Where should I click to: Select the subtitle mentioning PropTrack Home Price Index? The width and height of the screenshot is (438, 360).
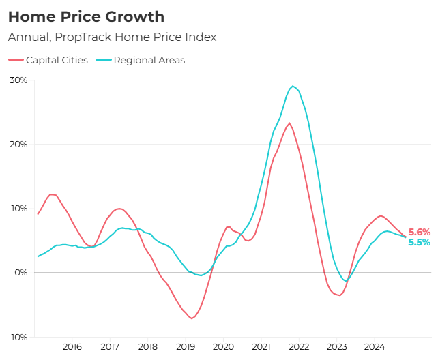coord(112,37)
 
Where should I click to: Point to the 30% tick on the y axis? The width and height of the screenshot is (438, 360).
coord(18,80)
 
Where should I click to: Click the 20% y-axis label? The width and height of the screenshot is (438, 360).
coord(18,145)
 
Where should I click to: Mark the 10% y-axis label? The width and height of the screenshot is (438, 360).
coord(18,209)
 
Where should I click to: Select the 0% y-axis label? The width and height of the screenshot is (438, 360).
coord(21,273)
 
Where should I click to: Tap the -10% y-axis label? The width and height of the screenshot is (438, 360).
coord(17,337)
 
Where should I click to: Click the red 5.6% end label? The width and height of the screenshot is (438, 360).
coord(419,232)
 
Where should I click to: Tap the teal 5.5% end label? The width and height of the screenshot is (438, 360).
coord(419,243)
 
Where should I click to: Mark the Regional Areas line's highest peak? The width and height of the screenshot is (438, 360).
coord(293,87)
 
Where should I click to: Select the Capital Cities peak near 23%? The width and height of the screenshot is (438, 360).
coord(289,123)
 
